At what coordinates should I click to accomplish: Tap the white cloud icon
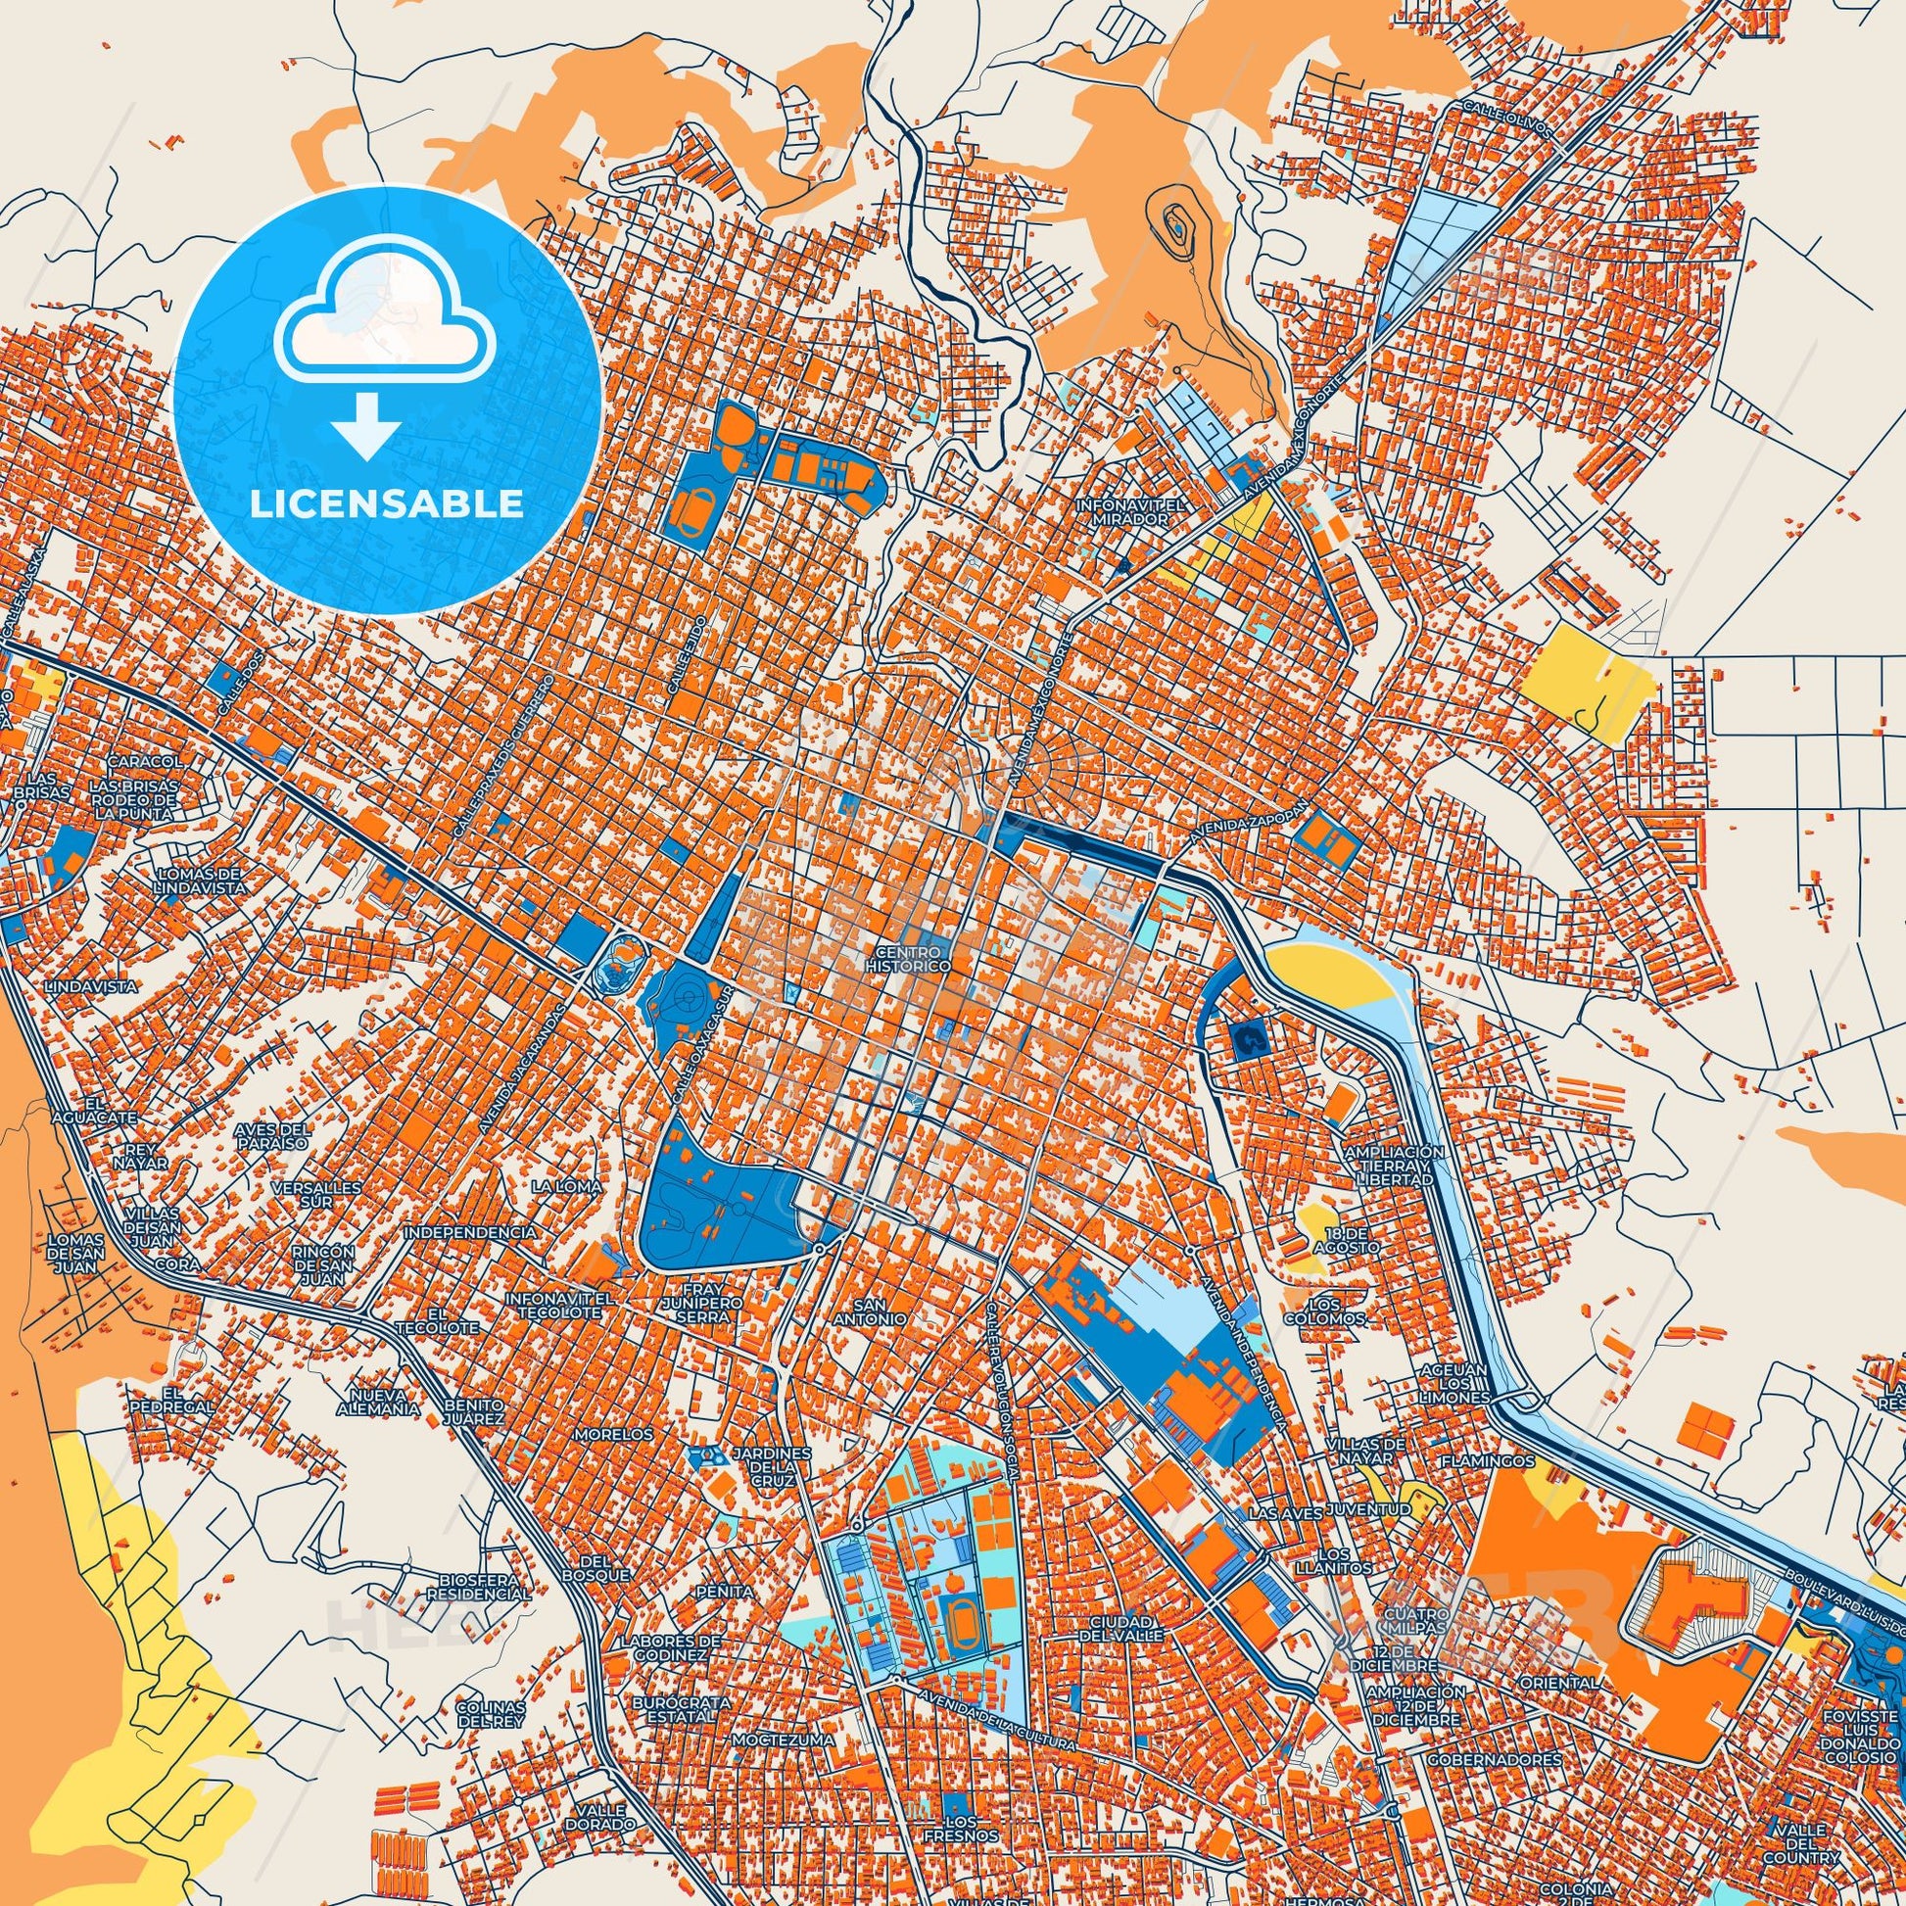coord(386,314)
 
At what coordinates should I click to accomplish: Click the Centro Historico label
coord(912,959)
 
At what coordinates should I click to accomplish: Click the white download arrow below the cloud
coord(365,424)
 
